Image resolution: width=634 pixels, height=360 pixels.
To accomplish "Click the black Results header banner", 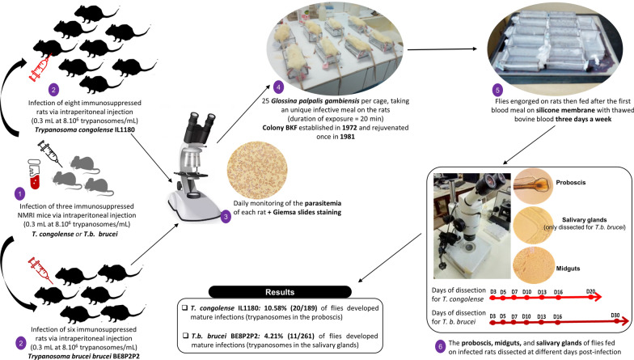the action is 280,292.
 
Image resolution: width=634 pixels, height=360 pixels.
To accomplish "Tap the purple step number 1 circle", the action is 19,194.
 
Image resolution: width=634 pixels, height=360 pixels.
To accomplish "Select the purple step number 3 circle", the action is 225,217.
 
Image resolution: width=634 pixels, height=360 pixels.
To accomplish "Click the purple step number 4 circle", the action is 278,87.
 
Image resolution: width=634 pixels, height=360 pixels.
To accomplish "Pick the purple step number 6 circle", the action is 440,346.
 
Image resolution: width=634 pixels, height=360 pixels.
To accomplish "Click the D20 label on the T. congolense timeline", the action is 590,291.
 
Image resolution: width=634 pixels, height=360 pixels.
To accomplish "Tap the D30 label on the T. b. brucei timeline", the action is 615,316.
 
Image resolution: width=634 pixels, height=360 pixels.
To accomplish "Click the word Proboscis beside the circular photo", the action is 571,183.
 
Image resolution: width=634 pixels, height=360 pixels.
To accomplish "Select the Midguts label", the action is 568,269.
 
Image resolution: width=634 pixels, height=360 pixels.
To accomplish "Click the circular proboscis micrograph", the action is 532,185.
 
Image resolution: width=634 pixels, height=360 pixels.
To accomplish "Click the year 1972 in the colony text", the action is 349,128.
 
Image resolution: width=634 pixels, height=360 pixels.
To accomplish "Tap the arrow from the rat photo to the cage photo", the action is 442,49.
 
